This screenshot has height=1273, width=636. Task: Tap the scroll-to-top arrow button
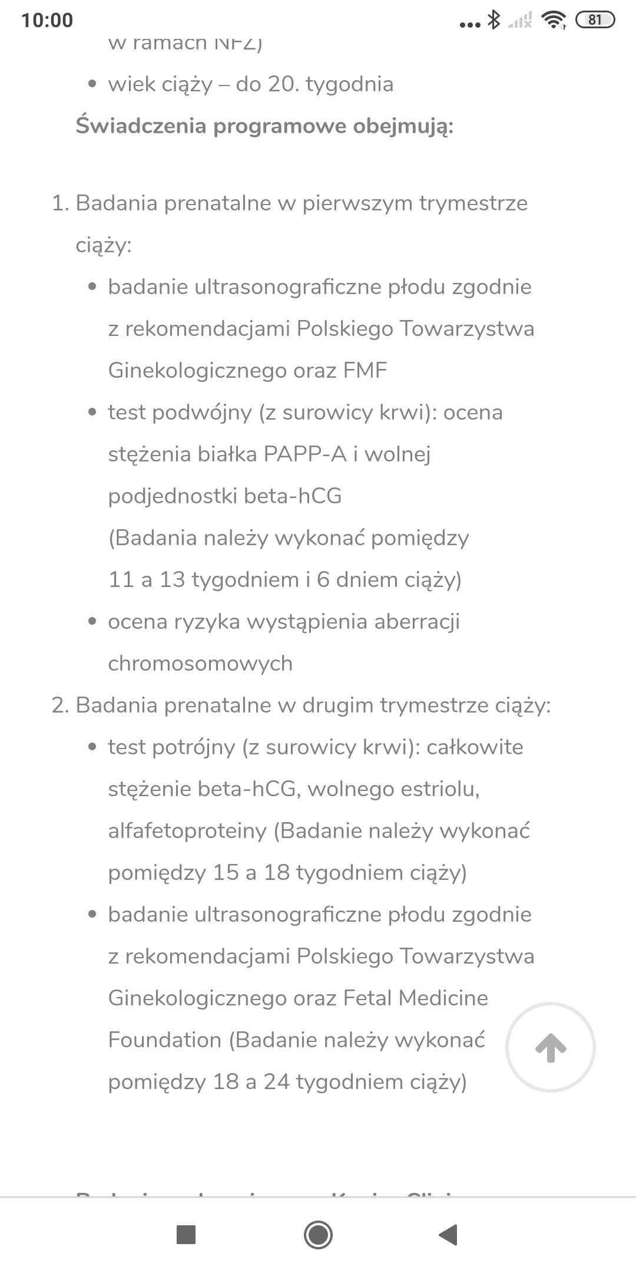point(551,1047)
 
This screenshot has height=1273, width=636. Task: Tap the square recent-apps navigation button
point(186,1234)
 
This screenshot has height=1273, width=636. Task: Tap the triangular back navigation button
point(449,1234)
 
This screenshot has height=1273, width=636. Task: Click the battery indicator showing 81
point(595,20)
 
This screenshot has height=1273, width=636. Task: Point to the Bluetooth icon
point(493,20)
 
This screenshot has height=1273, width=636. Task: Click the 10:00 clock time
point(47,20)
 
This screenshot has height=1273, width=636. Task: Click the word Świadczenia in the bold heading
point(141,126)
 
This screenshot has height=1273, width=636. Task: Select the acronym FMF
point(365,371)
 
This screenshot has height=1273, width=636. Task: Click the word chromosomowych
point(200,664)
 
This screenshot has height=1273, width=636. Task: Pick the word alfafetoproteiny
point(187,831)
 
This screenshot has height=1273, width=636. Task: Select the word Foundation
point(164,1040)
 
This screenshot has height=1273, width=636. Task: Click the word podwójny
point(202,413)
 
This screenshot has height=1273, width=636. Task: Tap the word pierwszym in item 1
point(357,203)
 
